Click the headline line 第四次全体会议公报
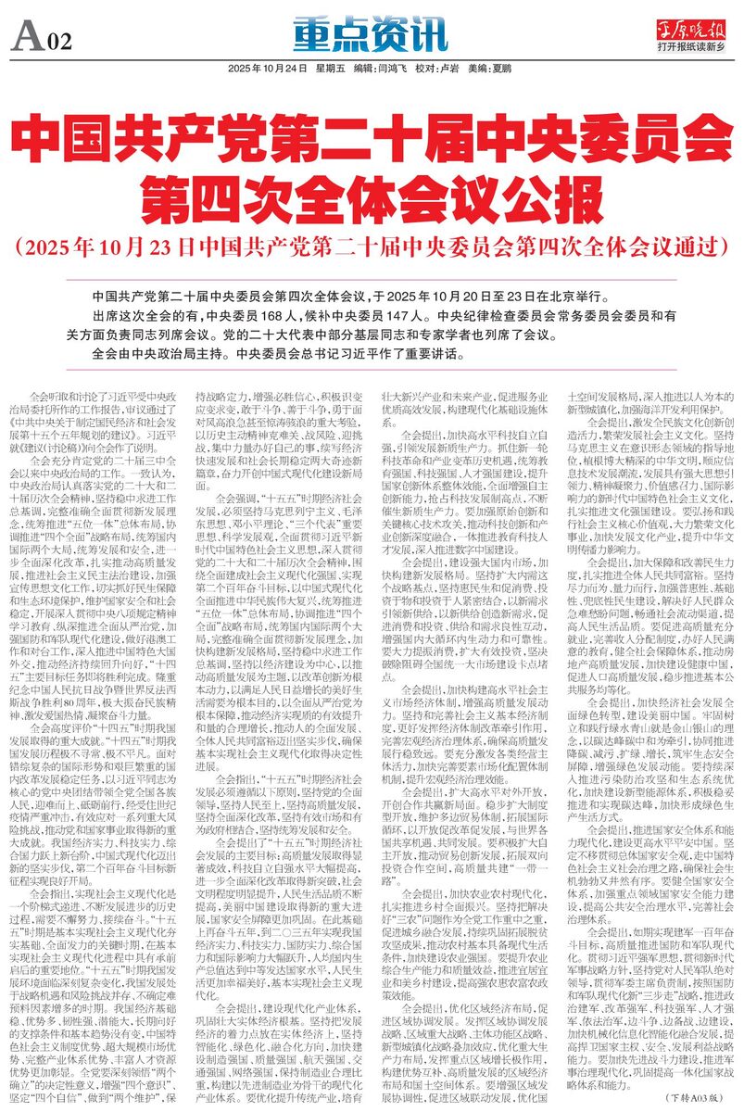371,196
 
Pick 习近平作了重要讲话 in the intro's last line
413,353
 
